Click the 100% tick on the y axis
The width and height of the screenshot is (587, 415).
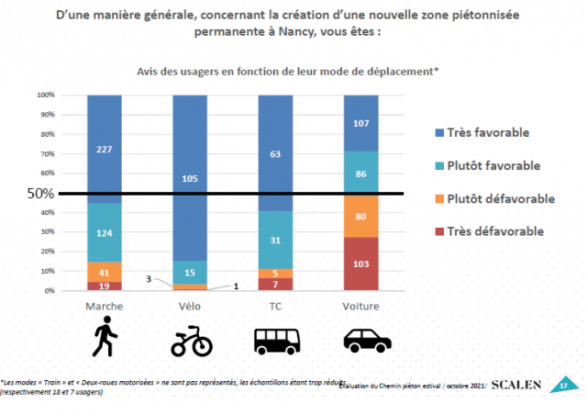pyautogui.click(x=46, y=95)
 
